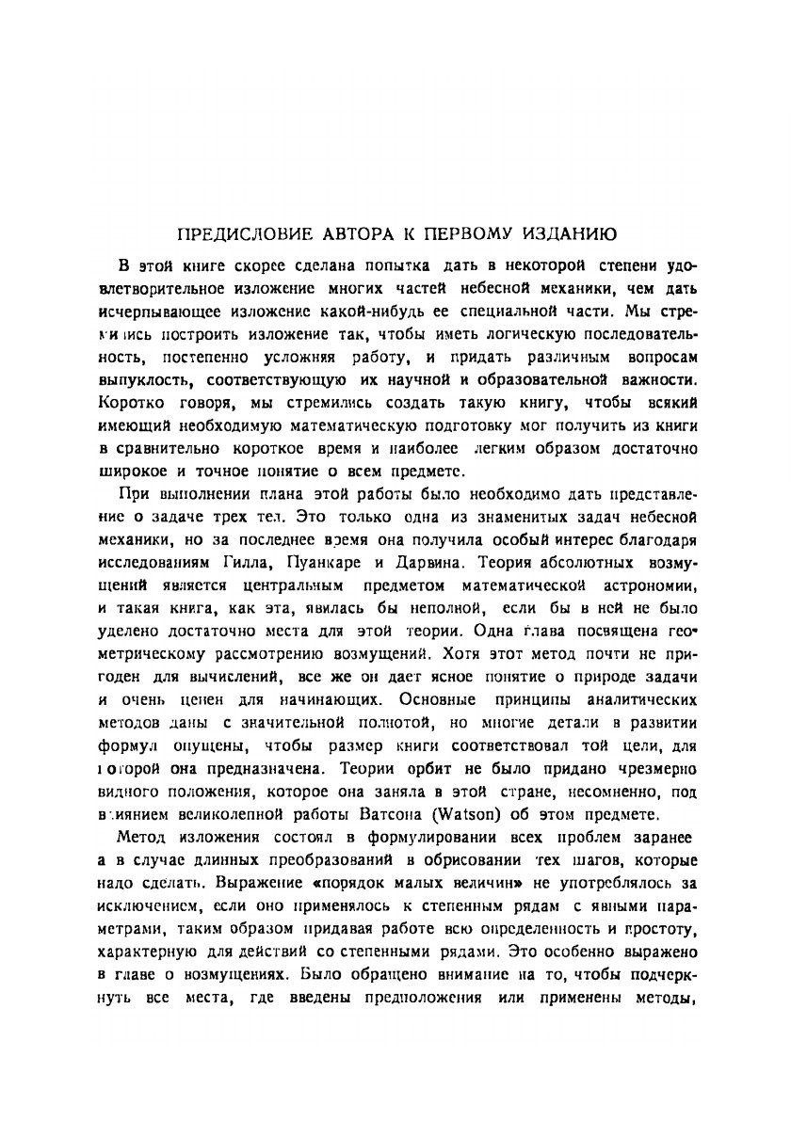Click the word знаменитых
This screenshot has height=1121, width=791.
pos(516,518)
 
